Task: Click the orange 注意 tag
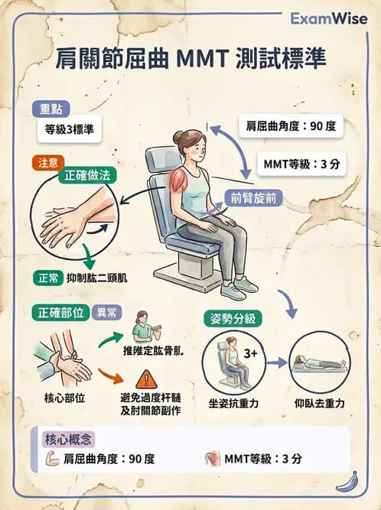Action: (x=44, y=162)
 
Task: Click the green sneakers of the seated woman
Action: (x=238, y=288)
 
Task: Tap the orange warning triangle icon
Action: (x=144, y=378)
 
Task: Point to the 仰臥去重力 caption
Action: (x=319, y=402)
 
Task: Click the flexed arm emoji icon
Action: (x=53, y=459)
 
